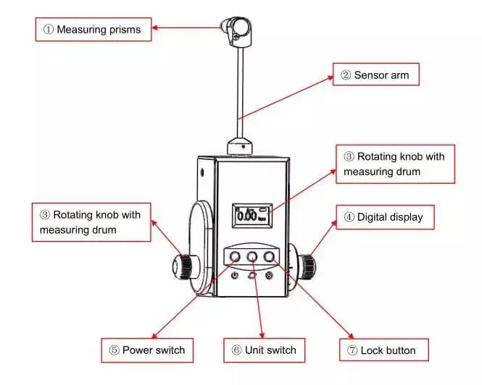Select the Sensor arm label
pyautogui.click(x=375, y=75)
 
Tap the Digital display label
pyautogui.click(x=383, y=216)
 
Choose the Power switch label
pyautogui.click(x=148, y=350)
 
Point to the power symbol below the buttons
pyautogui.click(x=234, y=276)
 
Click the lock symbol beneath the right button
pyautogui.click(x=270, y=276)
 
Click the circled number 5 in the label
pyautogui.click(x=114, y=350)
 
